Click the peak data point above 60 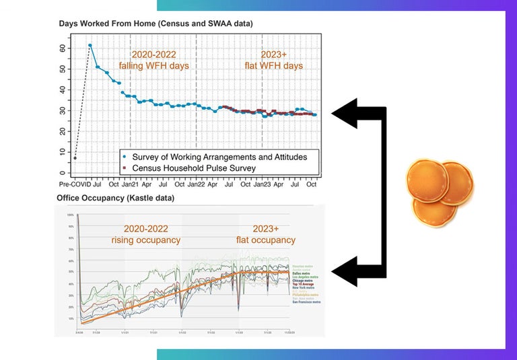(x=90, y=46)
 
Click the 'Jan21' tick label (x=130, y=183)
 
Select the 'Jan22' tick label (x=196, y=183)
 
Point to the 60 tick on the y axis (x=63, y=48)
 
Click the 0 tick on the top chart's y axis (x=63, y=174)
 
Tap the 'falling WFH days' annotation (x=153, y=67)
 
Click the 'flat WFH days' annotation (x=273, y=67)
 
